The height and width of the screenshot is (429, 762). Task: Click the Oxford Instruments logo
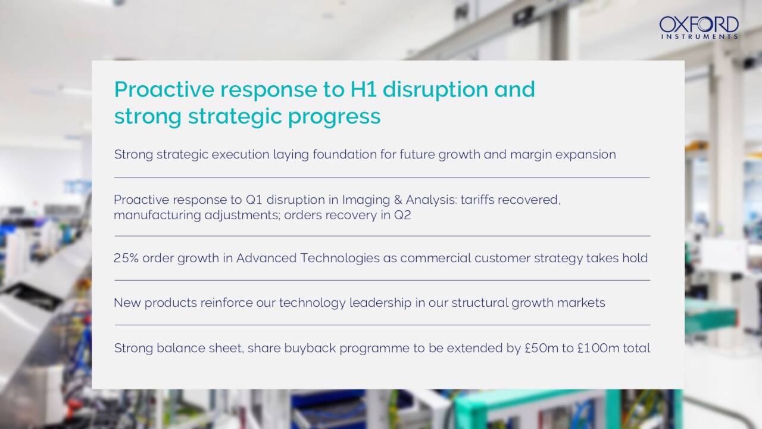coord(699,27)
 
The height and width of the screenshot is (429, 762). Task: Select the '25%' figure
coord(126,258)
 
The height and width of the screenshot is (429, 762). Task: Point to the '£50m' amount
coord(542,348)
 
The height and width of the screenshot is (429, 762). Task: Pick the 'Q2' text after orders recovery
coord(402,215)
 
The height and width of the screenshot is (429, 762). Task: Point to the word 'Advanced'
coord(266,258)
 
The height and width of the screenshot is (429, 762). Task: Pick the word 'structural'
coord(483,303)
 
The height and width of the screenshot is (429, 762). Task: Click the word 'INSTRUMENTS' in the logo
coord(699,36)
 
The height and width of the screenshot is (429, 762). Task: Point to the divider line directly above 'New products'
coord(382,280)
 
